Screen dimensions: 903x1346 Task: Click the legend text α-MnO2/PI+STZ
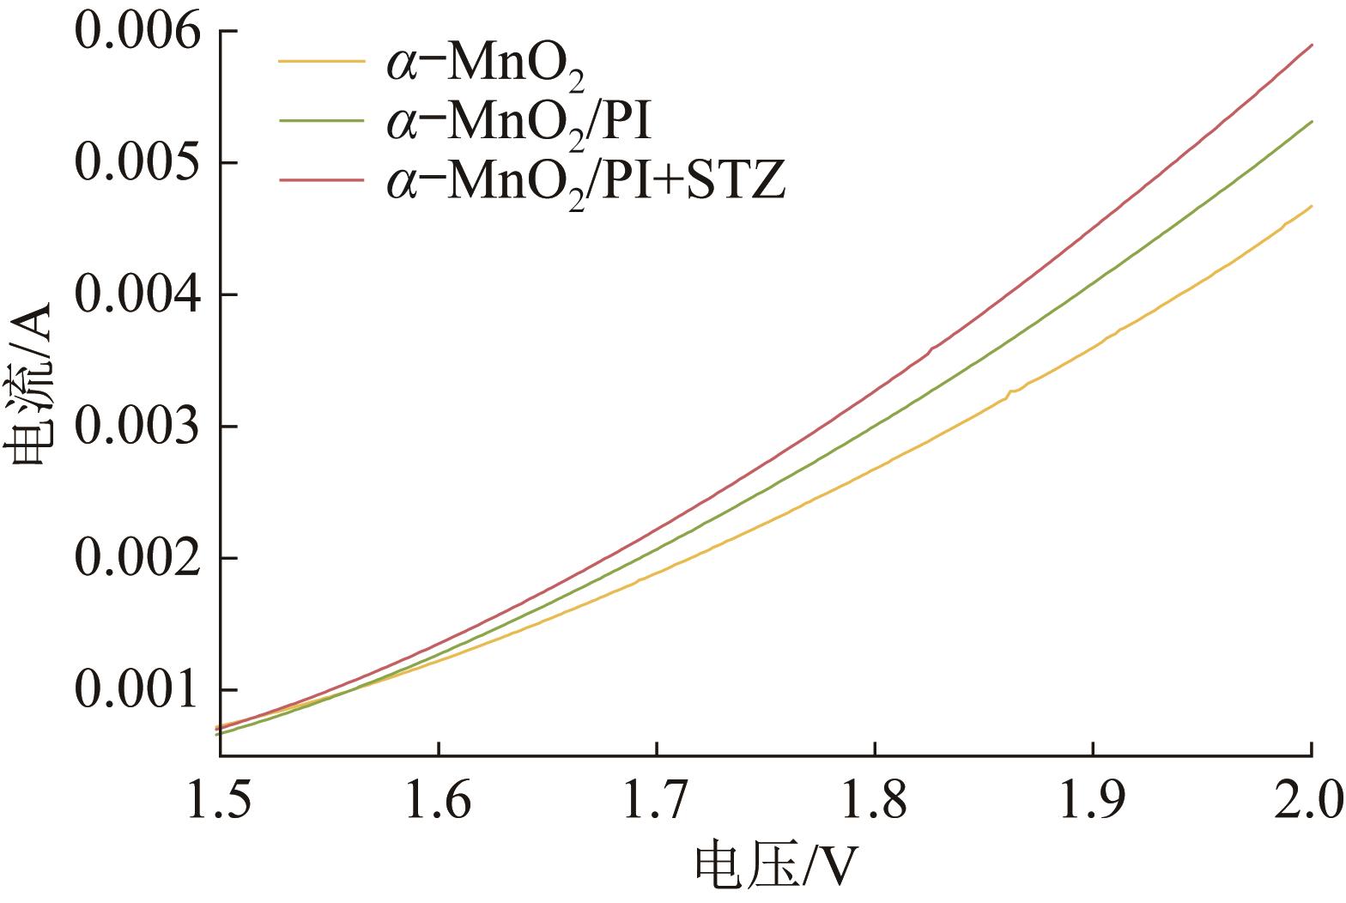(585, 182)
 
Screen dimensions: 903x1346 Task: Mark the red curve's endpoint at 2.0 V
(1312, 45)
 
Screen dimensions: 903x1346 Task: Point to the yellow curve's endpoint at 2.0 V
(1312, 206)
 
